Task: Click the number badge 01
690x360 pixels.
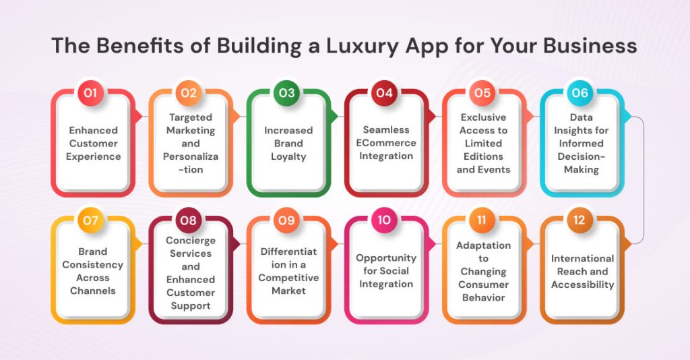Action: point(91,93)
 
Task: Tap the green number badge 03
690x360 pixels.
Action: point(287,93)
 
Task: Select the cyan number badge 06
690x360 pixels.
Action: point(580,93)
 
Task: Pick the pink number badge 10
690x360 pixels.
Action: point(385,220)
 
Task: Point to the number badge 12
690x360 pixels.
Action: point(580,220)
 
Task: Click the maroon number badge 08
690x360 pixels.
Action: point(189,220)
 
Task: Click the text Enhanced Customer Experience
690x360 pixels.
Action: point(94,143)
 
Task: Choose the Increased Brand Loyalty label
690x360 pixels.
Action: point(288,143)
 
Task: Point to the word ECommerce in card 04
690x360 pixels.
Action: point(386,143)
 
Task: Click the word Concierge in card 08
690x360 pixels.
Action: point(191,241)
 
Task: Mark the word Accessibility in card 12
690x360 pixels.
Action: point(583,284)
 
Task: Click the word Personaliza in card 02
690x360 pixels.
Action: point(191,156)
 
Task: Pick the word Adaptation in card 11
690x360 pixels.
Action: point(483,245)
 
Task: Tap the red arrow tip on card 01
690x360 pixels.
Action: point(139,116)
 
